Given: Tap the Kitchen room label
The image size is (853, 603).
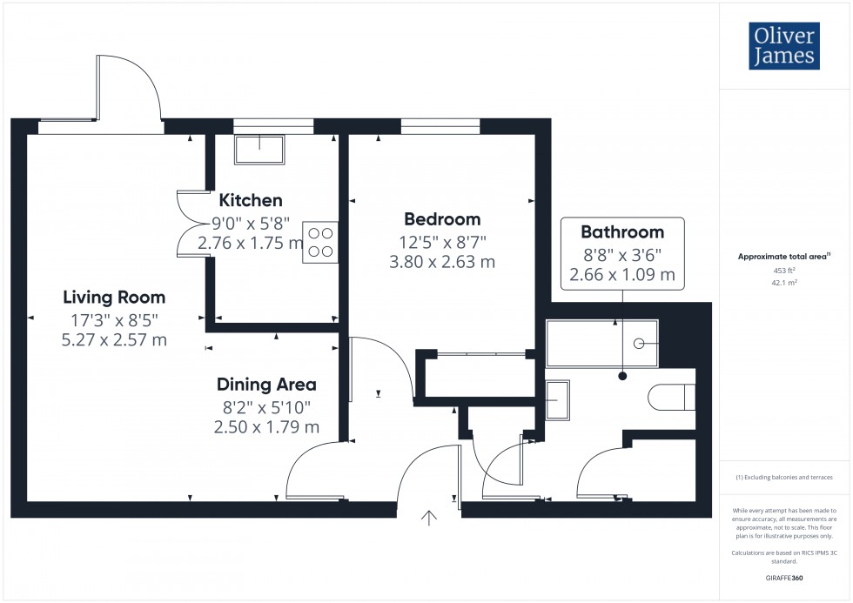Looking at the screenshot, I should click(251, 201).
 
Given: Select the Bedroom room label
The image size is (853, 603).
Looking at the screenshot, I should click(442, 219).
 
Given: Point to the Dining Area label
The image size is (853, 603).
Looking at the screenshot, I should click(266, 385).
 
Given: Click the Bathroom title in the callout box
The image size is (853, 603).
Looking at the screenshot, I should click(622, 232).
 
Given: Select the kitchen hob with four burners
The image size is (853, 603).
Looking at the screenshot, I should click(319, 243).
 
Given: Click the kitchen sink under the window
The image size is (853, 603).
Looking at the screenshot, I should click(259, 150).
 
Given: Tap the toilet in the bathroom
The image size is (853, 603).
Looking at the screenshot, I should click(671, 398).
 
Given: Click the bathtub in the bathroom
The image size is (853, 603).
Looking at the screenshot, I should click(601, 344).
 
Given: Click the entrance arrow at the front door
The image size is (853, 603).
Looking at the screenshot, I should click(429, 519).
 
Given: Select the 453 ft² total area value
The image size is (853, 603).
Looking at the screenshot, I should click(785, 270).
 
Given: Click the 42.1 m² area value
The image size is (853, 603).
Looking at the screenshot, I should click(785, 282).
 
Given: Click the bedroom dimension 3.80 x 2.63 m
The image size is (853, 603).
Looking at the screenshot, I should click(442, 261).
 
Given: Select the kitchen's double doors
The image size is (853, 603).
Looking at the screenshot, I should click(188, 223).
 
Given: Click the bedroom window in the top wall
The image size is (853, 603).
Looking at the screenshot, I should click(440, 126).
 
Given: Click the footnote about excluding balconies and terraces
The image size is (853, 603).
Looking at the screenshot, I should click(785, 478).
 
